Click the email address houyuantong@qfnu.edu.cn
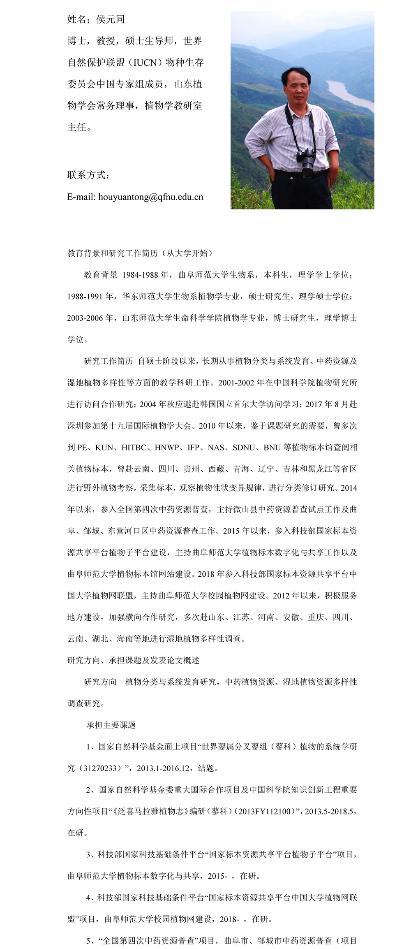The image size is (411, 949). click(151, 197)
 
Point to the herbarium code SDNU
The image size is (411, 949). click(244, 448)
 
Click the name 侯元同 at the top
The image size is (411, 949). click(110, 19)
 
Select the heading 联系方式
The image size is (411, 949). click(88, 175)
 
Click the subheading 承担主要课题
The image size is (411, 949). click(111, 725)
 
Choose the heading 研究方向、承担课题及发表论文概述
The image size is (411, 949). click(133, 660)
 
